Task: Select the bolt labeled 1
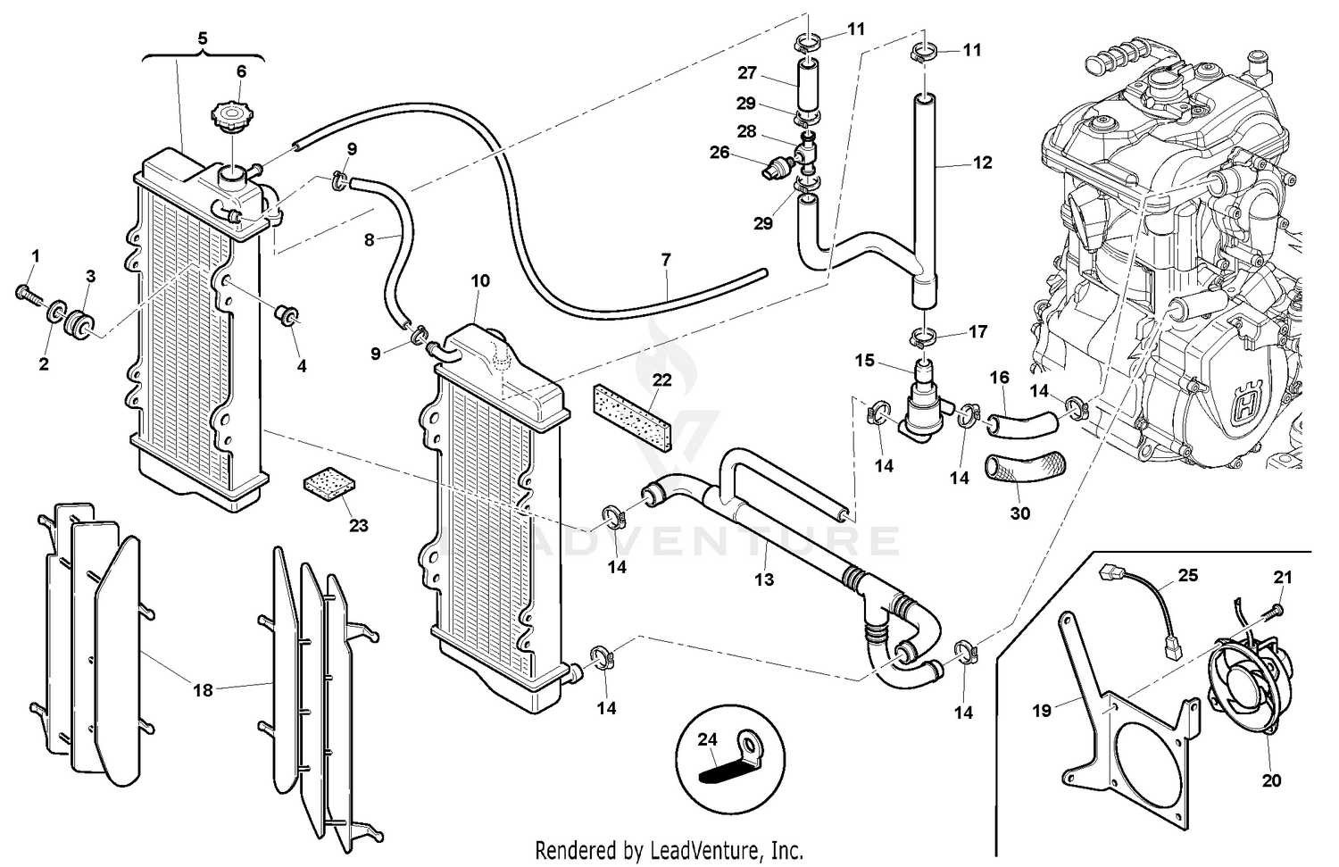[26, 293]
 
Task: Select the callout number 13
[764, 579]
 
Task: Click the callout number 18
[203, 689]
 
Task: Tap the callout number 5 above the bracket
[203, 38]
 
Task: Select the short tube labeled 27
[808, 86]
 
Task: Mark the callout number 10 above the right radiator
[480, 280]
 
